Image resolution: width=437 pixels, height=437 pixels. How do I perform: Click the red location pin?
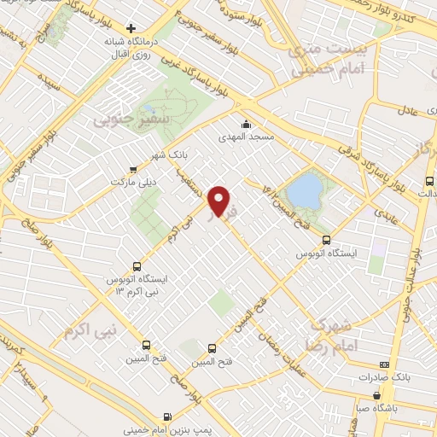click(220, 200)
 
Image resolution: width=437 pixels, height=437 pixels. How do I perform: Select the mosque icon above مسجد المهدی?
click(247, 122)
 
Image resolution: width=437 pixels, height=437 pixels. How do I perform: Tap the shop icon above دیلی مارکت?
click(131, 169)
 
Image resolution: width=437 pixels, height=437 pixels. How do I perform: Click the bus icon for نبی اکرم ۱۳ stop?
click(139, 266)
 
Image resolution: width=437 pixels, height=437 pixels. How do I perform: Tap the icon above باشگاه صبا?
click(377, 394)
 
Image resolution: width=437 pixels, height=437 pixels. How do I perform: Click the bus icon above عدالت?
click(428, 181)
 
